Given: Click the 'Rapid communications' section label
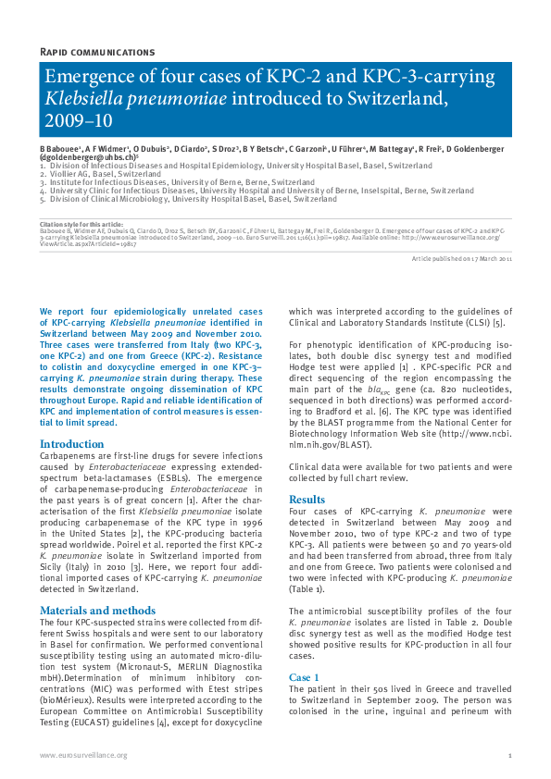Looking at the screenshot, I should tap(97, 52).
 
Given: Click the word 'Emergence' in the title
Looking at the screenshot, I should tap(88, 78).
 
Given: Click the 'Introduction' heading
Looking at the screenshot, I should tap(71, 444).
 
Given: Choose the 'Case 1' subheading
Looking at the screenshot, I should tap(304, 677).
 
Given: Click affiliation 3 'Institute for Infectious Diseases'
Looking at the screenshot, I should tap(130, 182).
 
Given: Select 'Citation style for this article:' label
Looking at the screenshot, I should tap(81, 224).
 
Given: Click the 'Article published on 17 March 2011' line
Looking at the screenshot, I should tap(461, 259).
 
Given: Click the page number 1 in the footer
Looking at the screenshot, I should tap(509, 755).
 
